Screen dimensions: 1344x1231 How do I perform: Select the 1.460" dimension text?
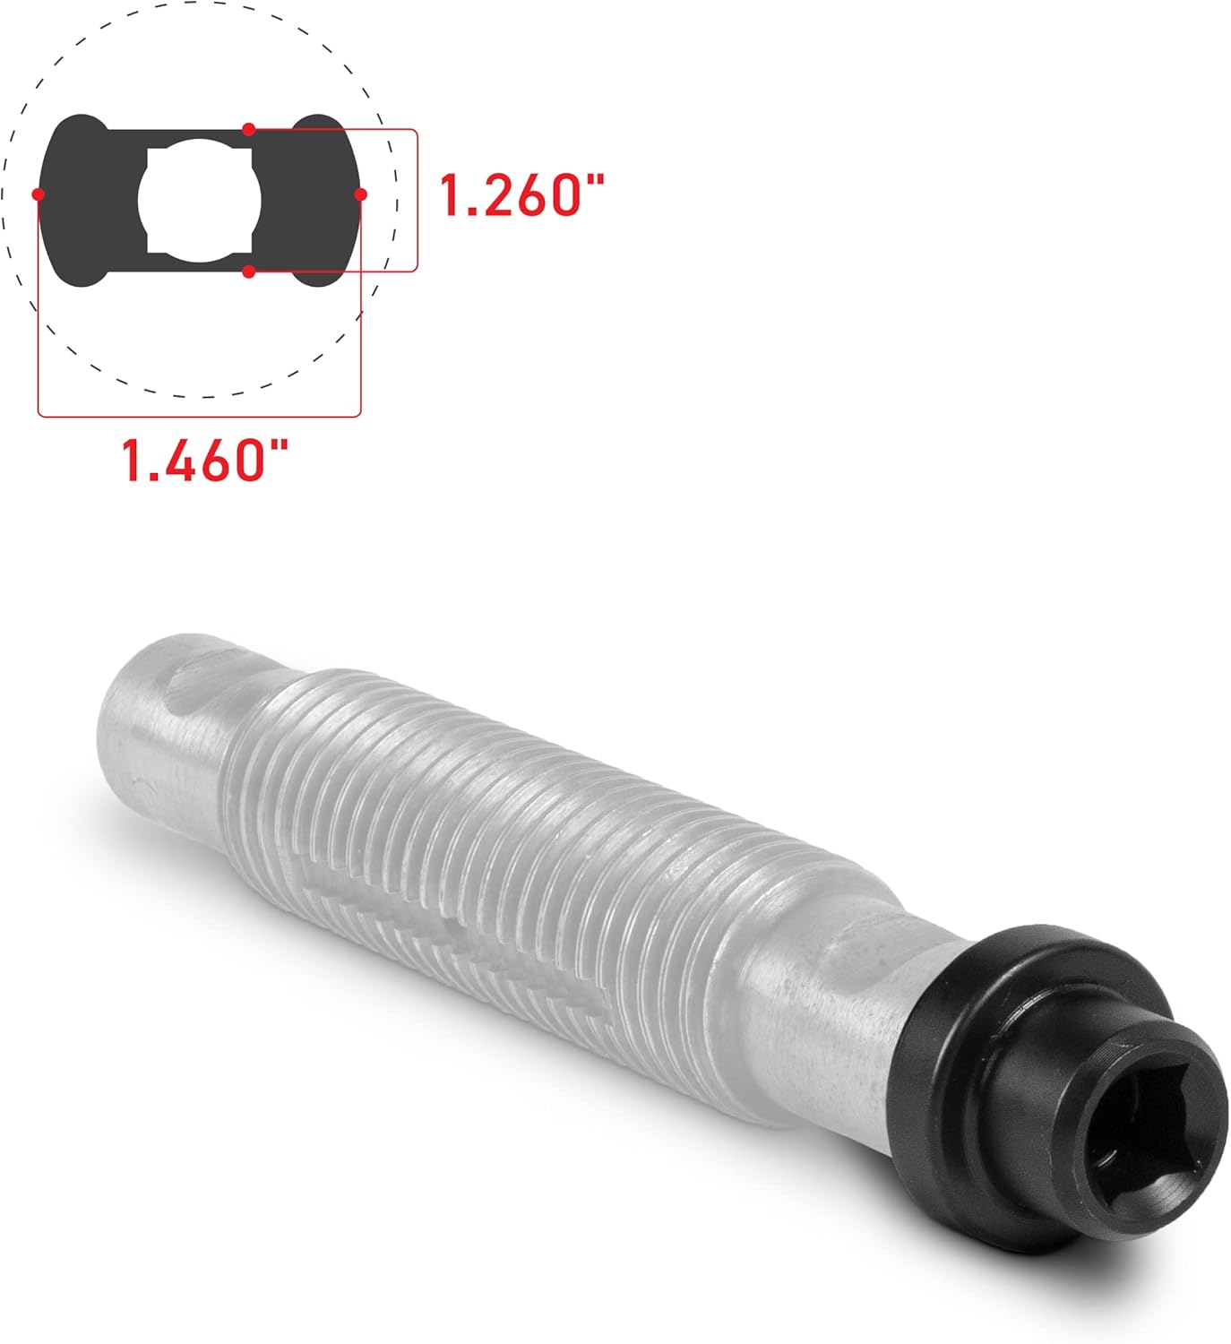pos(205,460)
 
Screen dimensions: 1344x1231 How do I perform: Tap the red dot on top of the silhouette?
pos(249,130)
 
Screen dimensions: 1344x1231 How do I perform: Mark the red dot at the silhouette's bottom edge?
pos(249,271)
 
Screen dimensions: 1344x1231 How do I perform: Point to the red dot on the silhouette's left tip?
pos(38,194)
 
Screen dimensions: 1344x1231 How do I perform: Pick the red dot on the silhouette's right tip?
pos(360,194)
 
